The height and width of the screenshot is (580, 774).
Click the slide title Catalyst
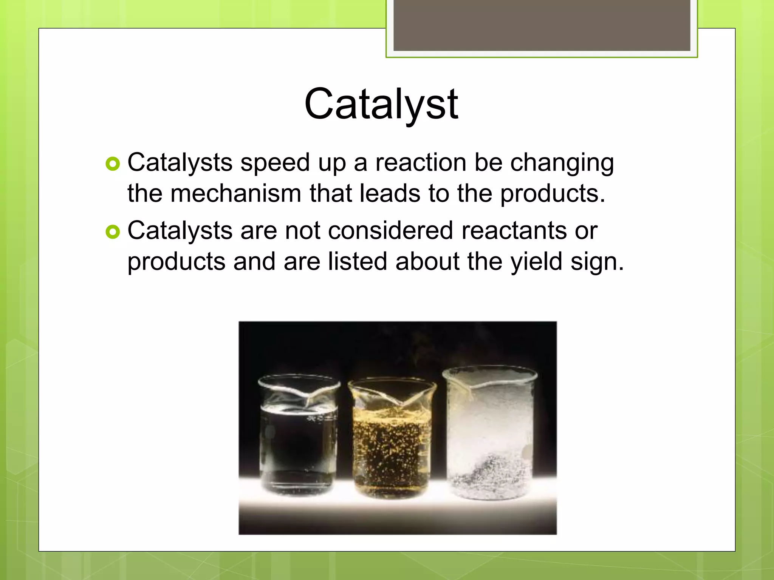[x=381, y=104]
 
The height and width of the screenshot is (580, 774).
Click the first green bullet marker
[x=113, y=164]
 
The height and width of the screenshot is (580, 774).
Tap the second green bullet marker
[x=113, y=232]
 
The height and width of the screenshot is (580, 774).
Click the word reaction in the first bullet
[x=421, y=163]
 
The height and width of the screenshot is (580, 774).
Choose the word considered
[x=390, y=230]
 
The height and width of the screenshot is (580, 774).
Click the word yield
[x=536, y=262]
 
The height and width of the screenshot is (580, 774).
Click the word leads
[x=390, y=193]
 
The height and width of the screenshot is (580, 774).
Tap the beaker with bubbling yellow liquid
[x=392, y=442]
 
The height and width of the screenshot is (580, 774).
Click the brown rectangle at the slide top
[x=542, y=25]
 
